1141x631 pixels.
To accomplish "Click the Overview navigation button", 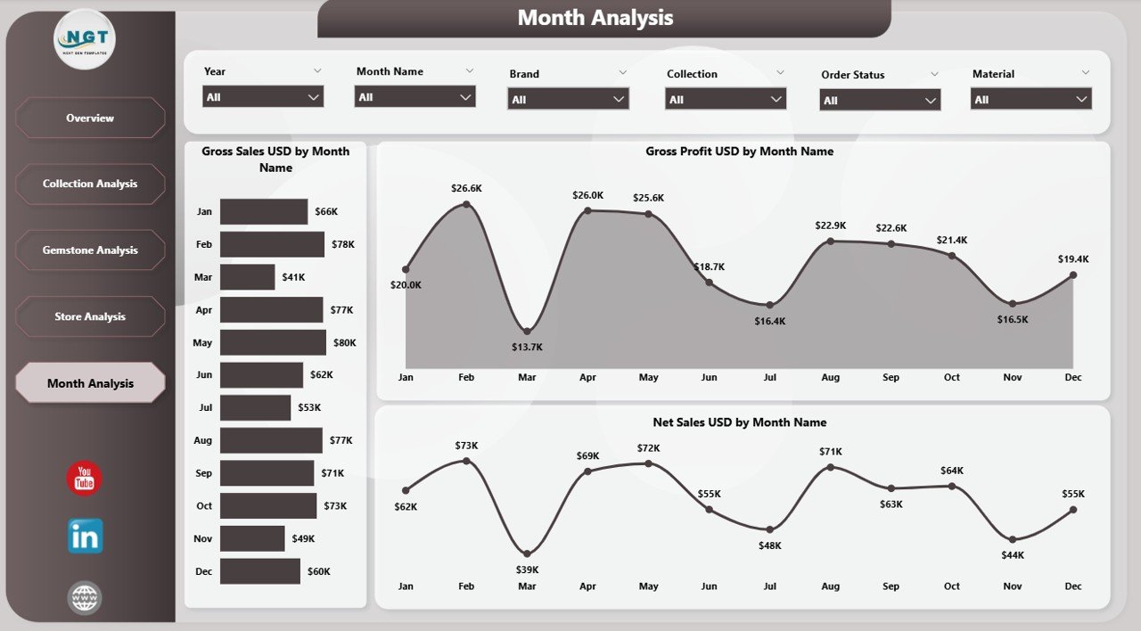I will [x=90, y=118].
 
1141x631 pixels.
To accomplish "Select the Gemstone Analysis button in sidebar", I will [x=90, y=250].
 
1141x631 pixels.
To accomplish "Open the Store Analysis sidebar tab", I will [x=90, y=316].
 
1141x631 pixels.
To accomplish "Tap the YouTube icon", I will [x=85, y=479].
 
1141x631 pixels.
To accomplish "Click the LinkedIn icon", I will [x=85, y=537].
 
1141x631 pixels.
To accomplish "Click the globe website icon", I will [x=85, y=598].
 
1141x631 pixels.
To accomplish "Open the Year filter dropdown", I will [x=263, y=96].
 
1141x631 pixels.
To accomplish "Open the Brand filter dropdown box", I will [x=569, y=99].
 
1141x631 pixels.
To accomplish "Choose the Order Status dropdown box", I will [x=880, y=101].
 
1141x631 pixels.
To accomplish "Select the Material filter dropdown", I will [x=1031, y=99].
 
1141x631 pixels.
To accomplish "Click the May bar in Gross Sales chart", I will [x=273, y=342].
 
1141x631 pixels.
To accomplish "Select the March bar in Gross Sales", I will [x=247, y=277].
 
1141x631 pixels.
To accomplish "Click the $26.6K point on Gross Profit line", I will [x=466, y=205].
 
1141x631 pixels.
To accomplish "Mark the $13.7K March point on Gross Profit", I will [x=527, y=332].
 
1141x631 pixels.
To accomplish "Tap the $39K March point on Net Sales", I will [x=527, y=553].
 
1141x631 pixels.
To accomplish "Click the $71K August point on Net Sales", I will [x=830, y=467].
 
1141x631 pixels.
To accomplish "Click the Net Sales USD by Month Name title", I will [x=739, y=422].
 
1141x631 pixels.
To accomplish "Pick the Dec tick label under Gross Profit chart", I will [x=1072, y=377].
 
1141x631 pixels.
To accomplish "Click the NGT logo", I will [x=85, y=39].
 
